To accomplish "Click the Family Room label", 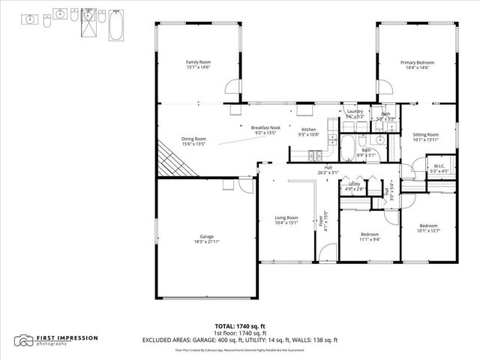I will pos(199,62).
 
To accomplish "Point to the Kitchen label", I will pos(308,130).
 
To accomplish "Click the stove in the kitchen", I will pos(313,156).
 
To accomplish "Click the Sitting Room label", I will pos(426,134).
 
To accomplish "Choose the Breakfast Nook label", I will pos(265,127).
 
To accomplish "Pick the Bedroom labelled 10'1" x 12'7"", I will pos(428,226).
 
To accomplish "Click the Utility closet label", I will pos(355,184).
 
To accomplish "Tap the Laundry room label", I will pos(355,112).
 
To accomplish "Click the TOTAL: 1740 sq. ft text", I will pos(240,326).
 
